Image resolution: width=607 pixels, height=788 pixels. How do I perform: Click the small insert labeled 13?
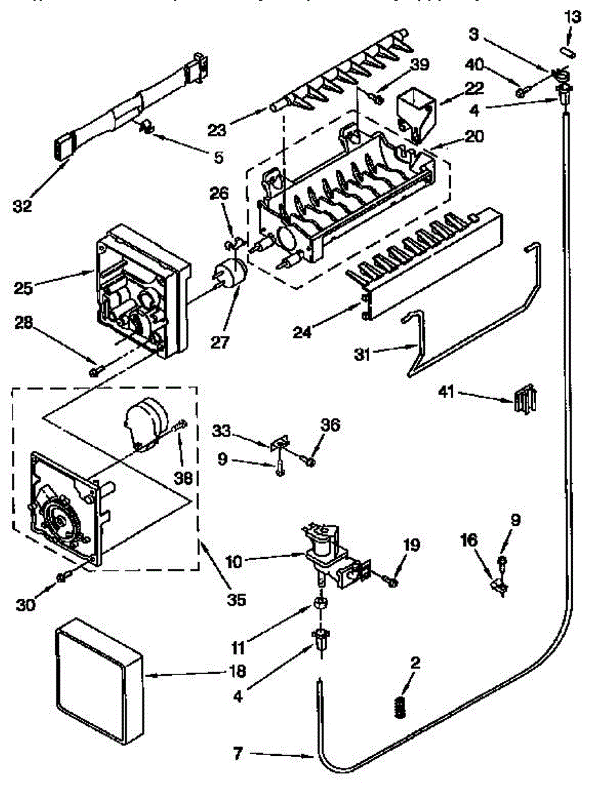point(569,51)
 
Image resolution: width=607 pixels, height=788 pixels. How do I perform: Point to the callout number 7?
point(240,754)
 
